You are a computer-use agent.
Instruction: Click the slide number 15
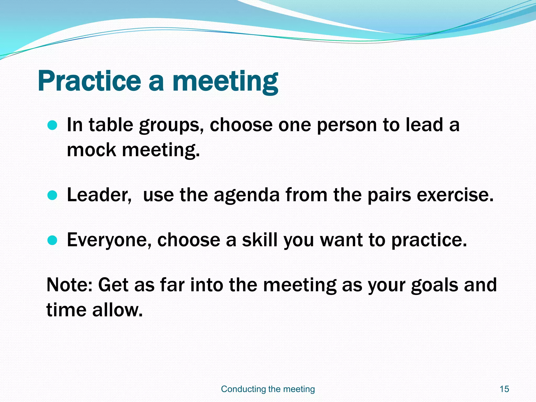pyautogui.click(x=504, y=389)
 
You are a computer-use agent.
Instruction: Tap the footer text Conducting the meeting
pyautogui.click(x=268, y=389)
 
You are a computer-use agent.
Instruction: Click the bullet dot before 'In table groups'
pyautogui.click(x=52, y=125)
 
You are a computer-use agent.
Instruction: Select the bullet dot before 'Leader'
pyautogui.click(x=52, y=195)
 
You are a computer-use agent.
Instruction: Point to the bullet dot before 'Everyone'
pyautogui.click(x=52, y=240)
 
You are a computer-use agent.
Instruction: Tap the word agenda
pyautogui.click(x=247, y=195)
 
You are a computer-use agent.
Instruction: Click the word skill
pyautogui.click(x=259, y=240)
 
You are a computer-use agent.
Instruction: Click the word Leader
pyautogui.click(x=99, y=195)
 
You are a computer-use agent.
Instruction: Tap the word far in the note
pyautogui.click(x=172, y=285)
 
